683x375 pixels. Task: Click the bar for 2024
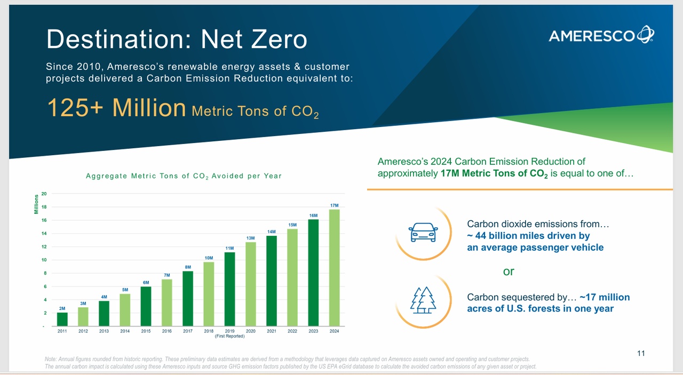[335, 267]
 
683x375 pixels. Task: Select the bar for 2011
[62, 319]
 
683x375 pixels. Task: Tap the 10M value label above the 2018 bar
[209, 258]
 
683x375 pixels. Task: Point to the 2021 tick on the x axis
[272, 331]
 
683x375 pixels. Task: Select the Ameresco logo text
[592, 36]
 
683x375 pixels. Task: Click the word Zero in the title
[273, 39]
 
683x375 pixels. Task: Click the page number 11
[641, 353]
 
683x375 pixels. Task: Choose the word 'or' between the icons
[509, 272]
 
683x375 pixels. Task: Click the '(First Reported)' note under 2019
[229, 337]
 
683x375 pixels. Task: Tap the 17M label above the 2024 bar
[335, 205]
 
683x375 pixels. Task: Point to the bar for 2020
[251, 284]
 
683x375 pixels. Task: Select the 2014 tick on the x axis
[125, 331]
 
